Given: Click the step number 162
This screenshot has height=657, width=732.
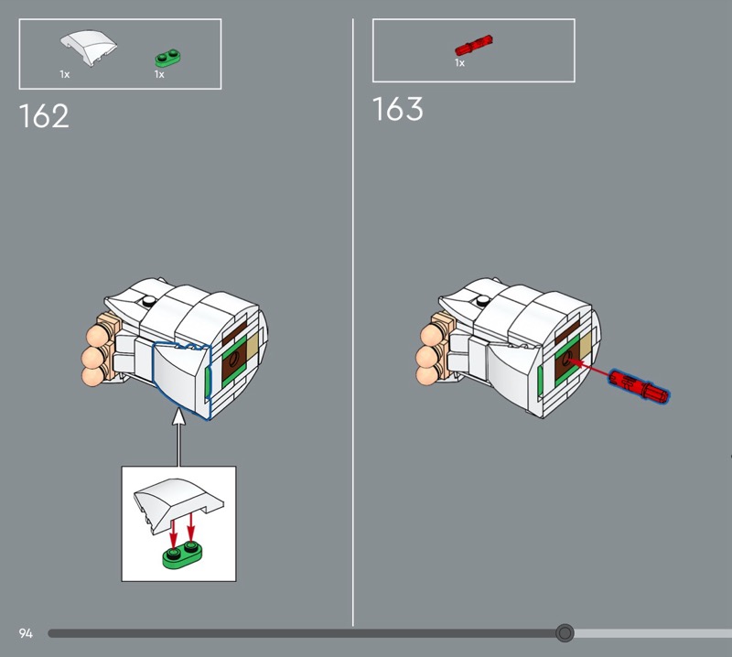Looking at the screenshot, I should pyautogui.click(x=44, y=117).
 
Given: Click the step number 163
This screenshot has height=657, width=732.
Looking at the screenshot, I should pyautogui.click(x=398, y=109).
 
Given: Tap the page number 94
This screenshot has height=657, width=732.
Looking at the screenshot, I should pyautogui.click(x=26, y=633).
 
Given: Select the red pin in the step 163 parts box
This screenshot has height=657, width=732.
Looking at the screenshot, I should pyautogui.click(x=474, y=44).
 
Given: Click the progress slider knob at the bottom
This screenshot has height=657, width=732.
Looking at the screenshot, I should pyautogui.click(x=565, y=633).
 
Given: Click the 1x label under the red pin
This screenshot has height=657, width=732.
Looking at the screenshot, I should pyautogui.click(x=459, y=63).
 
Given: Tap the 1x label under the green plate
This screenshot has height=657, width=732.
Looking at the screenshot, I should pyautogui.click(x=159, y=74).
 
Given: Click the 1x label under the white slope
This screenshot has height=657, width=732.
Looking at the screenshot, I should pyautogui.click(x=64, y=74).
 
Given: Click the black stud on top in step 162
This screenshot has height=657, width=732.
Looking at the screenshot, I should pyautogui.click(x=145, y=301).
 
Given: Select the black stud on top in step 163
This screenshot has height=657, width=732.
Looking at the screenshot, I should pyautogui.click(x=479, y=299).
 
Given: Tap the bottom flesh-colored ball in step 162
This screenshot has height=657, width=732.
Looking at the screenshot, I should pyautogui.click(x=91, y=375).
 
